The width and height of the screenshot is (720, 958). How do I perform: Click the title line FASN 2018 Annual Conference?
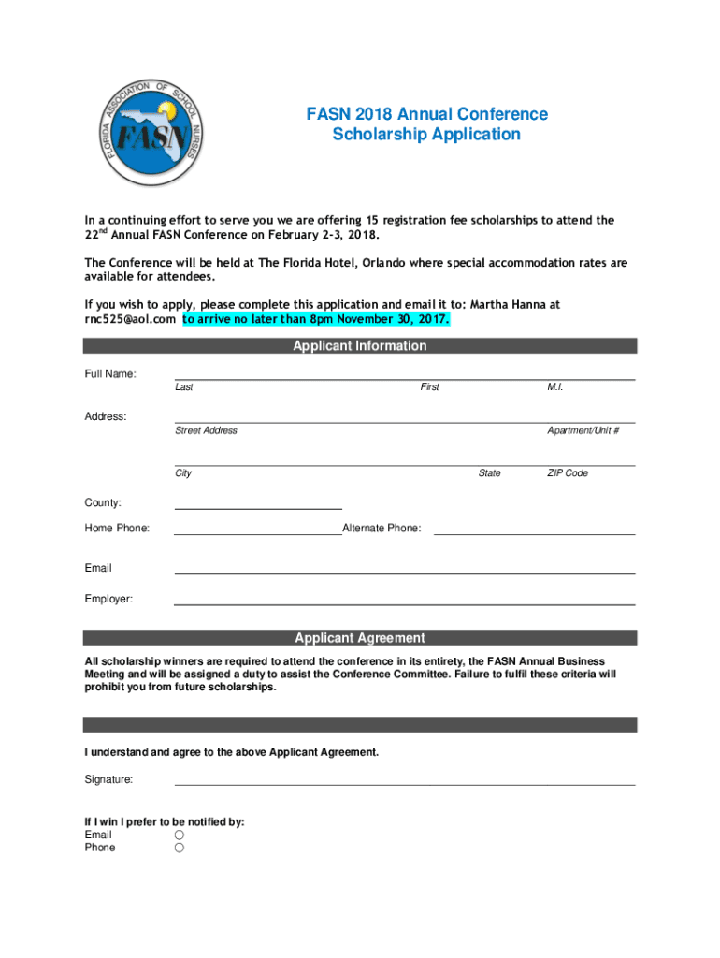(426, 114)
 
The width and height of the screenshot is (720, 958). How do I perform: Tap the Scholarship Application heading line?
(426, 135)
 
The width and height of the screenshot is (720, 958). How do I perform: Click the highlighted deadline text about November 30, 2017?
(316, 320)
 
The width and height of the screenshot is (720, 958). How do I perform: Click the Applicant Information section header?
(360, 346)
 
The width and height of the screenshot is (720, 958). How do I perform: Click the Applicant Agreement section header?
(360, 638)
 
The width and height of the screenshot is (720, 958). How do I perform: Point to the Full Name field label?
(110, 374)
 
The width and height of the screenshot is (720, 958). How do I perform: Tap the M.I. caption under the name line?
(555, 387)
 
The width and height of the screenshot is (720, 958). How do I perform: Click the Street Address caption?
(206, 430)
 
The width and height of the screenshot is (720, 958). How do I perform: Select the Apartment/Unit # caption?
(583, 430)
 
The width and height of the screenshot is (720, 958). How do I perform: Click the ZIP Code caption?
(568, 473)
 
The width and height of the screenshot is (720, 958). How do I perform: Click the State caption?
(489, 473)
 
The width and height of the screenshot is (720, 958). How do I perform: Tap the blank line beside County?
(258, 505)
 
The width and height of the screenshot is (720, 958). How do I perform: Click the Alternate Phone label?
(382, 529)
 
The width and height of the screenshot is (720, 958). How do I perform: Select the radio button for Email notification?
(179, 835)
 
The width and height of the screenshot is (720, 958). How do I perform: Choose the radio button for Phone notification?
(179, 848)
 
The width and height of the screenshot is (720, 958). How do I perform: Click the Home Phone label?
(117, 529)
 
